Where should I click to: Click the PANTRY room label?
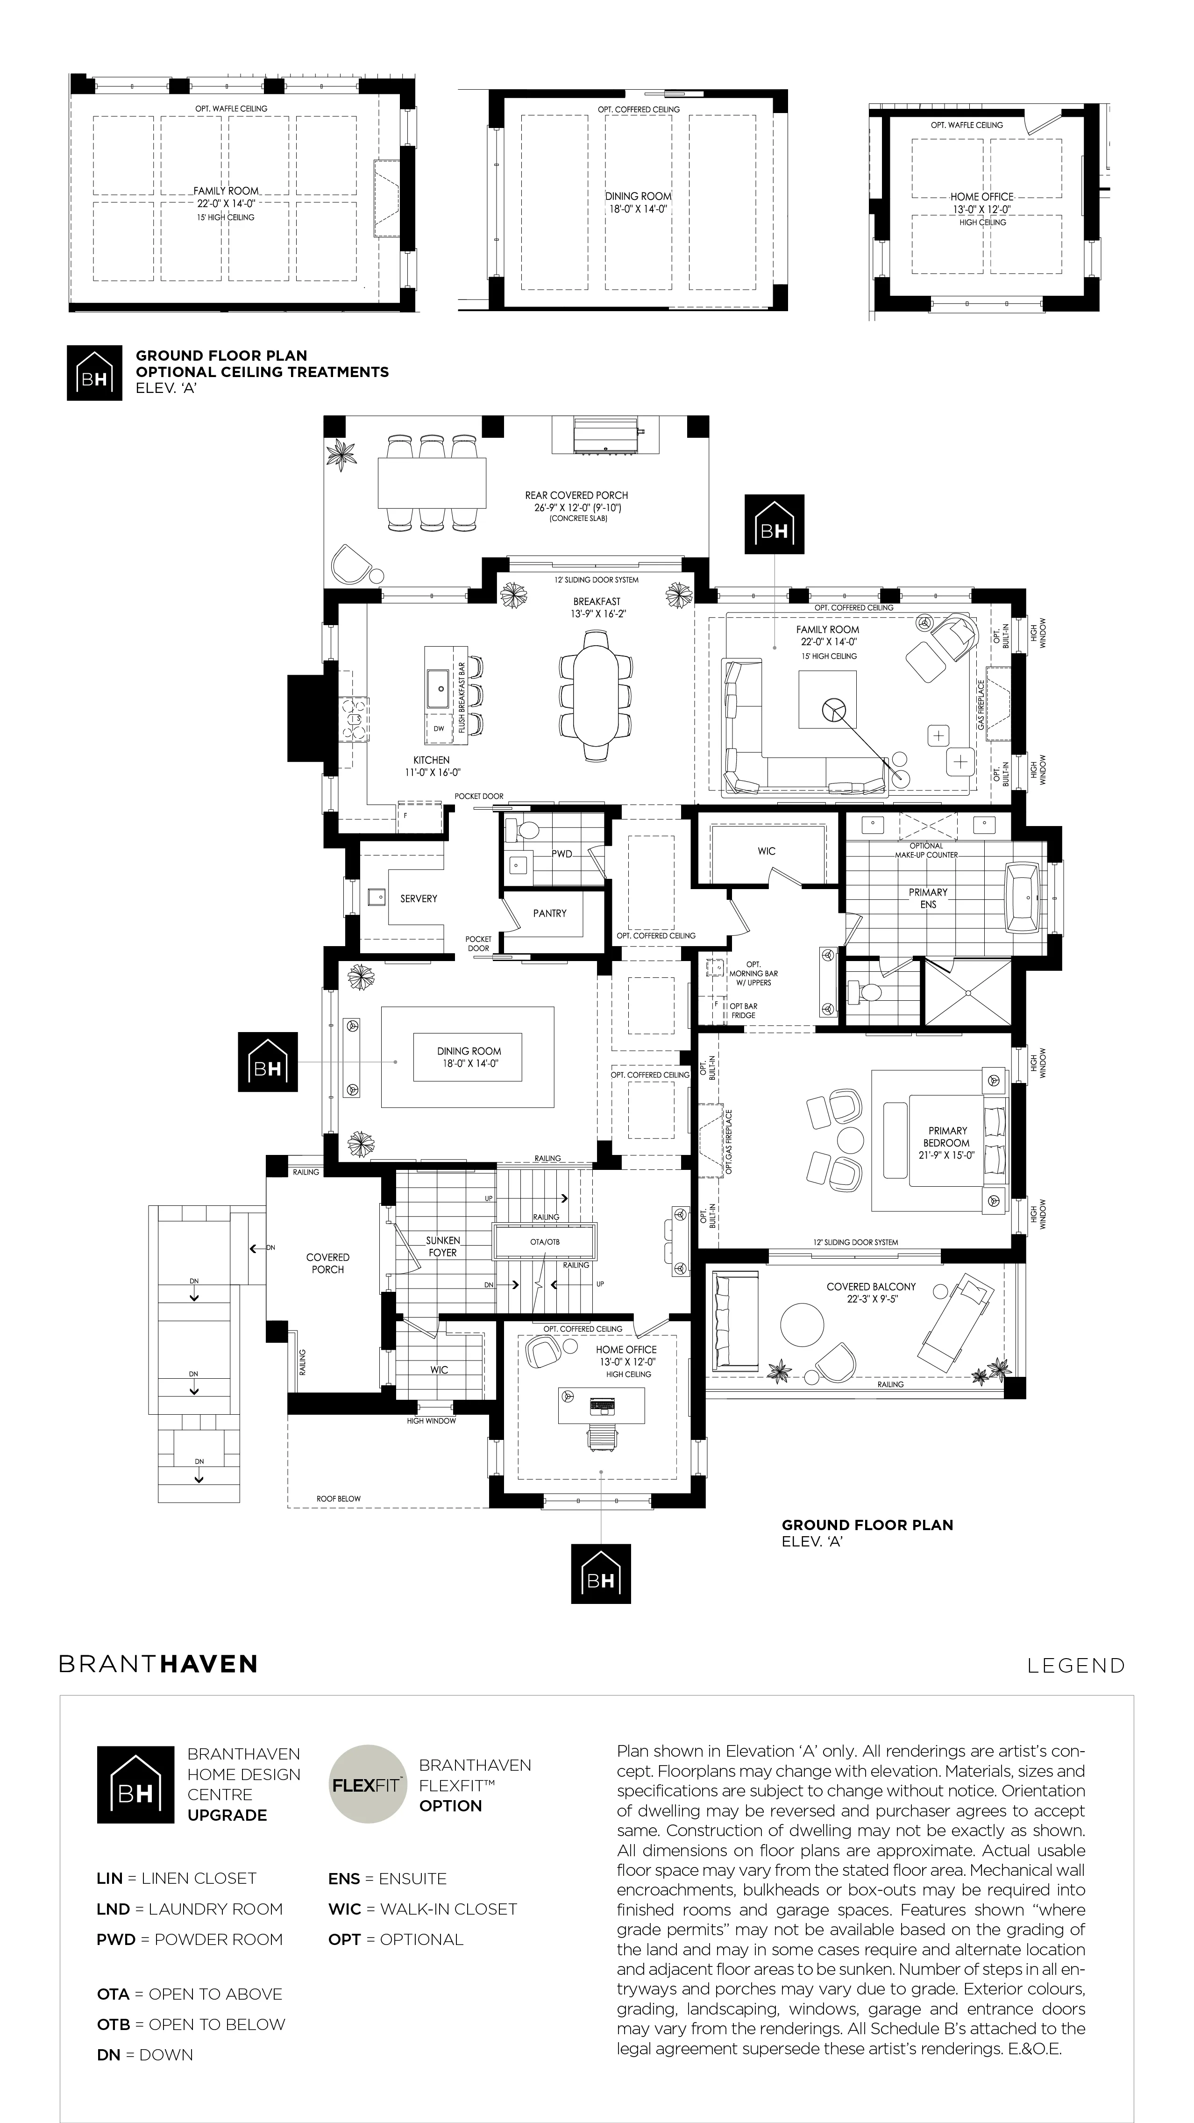coord(550,913)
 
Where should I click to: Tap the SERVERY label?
coord(419,898)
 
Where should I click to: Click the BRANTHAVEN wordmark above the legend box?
coord(158,1663)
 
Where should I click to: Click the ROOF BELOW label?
coord(339,1498)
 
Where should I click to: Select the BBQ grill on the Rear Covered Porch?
coord(606,435)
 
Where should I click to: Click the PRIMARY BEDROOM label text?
coord(948,1143)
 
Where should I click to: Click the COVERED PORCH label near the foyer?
coord(328,1263)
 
